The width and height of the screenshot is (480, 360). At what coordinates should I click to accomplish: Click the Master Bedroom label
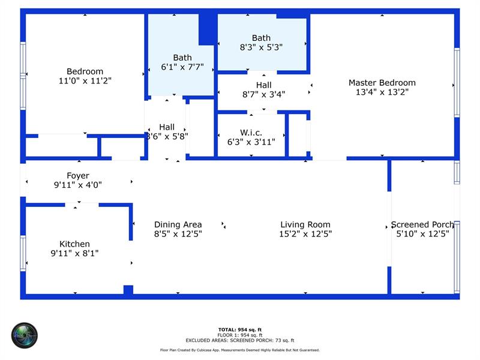point(382,83)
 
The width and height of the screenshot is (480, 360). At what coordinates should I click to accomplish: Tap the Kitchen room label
point(74,244)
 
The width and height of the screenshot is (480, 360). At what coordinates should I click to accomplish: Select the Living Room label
point(305,224)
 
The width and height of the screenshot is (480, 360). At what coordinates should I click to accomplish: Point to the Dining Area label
point(178,224)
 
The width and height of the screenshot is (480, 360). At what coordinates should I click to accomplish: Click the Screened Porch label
point(422,224)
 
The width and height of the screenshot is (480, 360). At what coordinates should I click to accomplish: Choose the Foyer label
point(78,176)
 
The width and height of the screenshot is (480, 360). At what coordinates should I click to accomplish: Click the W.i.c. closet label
point(251,133)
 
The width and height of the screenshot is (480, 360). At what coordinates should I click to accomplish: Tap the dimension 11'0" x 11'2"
point(85,80)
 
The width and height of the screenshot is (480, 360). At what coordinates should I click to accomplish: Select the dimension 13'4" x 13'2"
point(382,92)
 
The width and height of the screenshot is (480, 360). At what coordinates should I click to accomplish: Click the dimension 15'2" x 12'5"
point(305,234)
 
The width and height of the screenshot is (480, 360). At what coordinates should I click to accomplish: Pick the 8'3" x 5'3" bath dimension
point(261,47)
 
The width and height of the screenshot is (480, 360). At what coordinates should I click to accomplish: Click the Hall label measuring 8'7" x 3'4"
point(263,85)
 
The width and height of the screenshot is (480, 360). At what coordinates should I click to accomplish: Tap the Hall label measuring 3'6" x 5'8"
point(167,127)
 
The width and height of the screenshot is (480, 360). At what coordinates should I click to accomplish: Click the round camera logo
point(25,335)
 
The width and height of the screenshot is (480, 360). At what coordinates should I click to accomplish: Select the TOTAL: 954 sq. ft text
point(239,329)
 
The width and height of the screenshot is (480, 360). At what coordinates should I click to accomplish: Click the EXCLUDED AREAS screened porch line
point(239,340)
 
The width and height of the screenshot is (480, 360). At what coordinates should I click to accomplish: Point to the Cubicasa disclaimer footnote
point(239,350)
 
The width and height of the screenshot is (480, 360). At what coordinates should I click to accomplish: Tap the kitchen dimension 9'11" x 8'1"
point(74,253)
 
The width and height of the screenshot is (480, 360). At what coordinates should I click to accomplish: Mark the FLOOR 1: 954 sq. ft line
point(239,335)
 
